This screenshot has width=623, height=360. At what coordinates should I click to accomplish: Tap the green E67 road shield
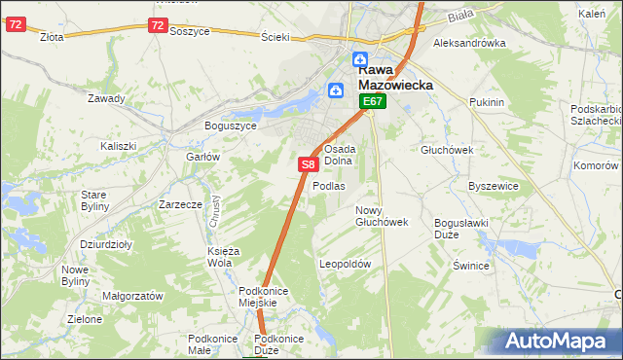374,101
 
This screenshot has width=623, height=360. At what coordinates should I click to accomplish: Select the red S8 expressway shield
308,165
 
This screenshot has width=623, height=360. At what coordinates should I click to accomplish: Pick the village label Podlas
328,186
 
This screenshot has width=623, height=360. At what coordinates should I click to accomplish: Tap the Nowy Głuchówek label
381,216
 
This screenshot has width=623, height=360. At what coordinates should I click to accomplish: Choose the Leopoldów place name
346,264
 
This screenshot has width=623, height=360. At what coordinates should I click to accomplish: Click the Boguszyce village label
230,126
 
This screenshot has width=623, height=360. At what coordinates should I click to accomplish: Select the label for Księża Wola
218,257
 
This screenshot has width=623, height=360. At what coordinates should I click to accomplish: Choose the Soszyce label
190,31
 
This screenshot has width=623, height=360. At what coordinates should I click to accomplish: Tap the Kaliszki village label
118,146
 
